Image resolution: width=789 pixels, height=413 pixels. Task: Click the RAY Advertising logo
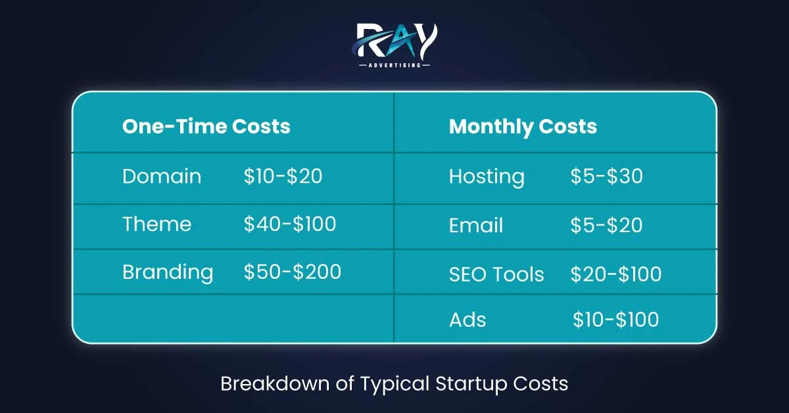click(x=394, y=43)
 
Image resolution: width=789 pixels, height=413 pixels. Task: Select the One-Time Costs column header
click(x=206, y=126)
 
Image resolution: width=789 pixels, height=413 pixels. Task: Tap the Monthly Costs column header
click(x=523, y=126)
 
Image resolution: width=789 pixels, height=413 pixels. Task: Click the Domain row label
click(x=162, y=176)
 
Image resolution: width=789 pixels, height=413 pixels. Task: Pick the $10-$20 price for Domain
click(x=283, y=176)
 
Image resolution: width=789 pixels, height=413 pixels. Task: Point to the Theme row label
click(x=156, y=224)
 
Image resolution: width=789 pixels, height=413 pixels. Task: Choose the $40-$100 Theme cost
click(x=289, y=224)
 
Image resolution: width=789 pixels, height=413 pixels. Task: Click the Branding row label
click(x=168, y=272)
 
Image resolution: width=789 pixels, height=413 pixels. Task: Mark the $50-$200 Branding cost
click(x=292, y=272)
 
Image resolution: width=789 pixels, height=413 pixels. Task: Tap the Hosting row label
click(x=487, y=176)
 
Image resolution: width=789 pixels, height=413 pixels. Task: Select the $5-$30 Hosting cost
click(x=606, y=176)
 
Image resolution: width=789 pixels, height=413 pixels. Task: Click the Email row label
click(x=476, y=226)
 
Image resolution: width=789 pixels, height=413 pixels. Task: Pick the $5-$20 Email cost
click(x=606, y=226)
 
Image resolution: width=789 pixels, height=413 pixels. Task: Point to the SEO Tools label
click(x=496, y=274)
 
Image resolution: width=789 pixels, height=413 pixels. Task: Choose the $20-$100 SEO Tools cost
click(x=616, y=274)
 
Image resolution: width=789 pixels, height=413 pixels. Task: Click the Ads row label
click(x=467, y=320)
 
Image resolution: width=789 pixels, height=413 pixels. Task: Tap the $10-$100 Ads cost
click(x=615, y=320)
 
